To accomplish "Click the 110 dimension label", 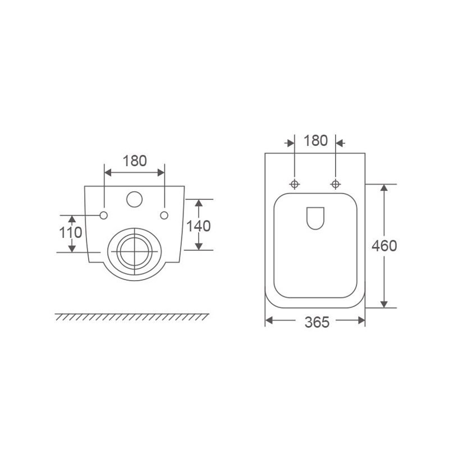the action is pos(71,232).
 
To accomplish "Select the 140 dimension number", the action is pos(199,226).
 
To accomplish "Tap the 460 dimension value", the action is pos(384,246).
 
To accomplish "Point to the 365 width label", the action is pos(317,322).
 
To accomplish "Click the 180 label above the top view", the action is pos(315,141).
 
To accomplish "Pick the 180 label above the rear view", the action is pos(135,161).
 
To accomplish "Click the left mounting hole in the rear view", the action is pos(104,216).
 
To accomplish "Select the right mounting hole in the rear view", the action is pos(164,216).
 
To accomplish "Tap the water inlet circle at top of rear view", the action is pos(134,199).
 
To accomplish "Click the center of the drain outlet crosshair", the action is pos(134,251).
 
